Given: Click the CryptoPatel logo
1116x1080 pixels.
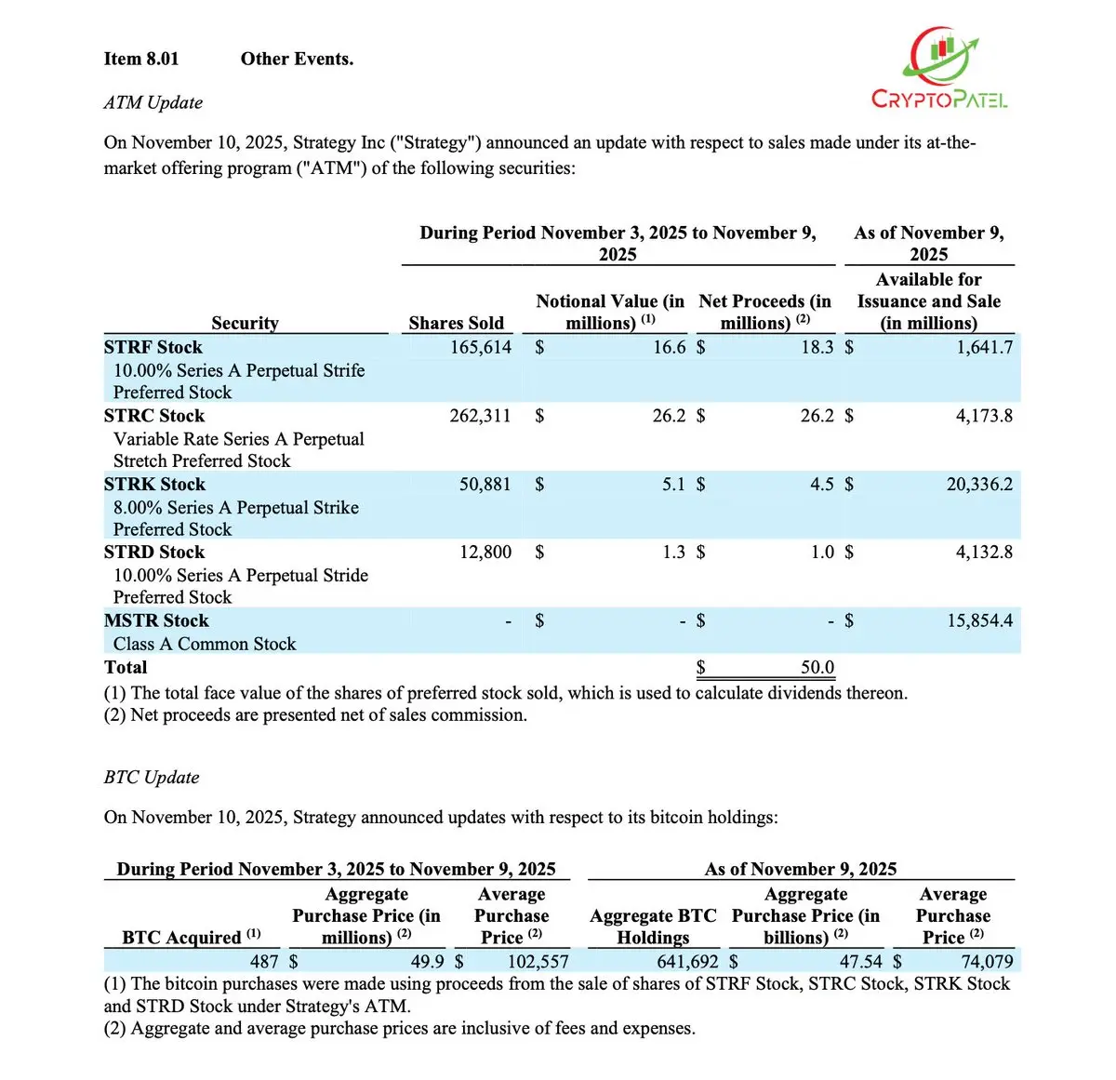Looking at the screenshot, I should (x=939, y=70).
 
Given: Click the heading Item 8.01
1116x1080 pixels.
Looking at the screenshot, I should (x=141, y=59).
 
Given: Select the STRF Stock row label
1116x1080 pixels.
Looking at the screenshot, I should (x=153, y=347).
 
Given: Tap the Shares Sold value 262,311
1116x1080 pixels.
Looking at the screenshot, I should (x=480, y=416).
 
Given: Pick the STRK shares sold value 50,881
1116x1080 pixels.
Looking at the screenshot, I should (x=485, y=484).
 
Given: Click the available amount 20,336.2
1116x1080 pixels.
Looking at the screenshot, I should (x=979, y=484).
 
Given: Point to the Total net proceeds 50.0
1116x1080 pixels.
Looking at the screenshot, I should (x=817, y=667).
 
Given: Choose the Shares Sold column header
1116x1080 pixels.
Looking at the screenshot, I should (x=456, y=323).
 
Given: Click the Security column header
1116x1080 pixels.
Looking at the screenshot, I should (x=245, y=323).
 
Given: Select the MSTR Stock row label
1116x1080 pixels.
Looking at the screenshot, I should (x=156, y=620).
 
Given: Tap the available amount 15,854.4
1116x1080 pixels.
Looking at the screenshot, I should (x=979, y=620).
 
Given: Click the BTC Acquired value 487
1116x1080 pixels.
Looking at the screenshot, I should (x=264, y=961).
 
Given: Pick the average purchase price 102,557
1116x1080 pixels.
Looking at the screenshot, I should (x=537, y=961).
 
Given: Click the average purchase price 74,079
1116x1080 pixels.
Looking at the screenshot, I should (x=987, y=961).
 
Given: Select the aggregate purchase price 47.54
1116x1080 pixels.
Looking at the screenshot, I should (x=860, y=961).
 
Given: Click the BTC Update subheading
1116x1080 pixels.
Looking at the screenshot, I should (x=152, y=777).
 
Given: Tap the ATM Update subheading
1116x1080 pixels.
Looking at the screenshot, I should (x=153, y=102).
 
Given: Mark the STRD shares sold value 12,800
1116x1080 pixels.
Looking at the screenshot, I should (x=485, y=552).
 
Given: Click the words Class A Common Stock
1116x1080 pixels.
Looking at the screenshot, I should (x=205, y=644).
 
